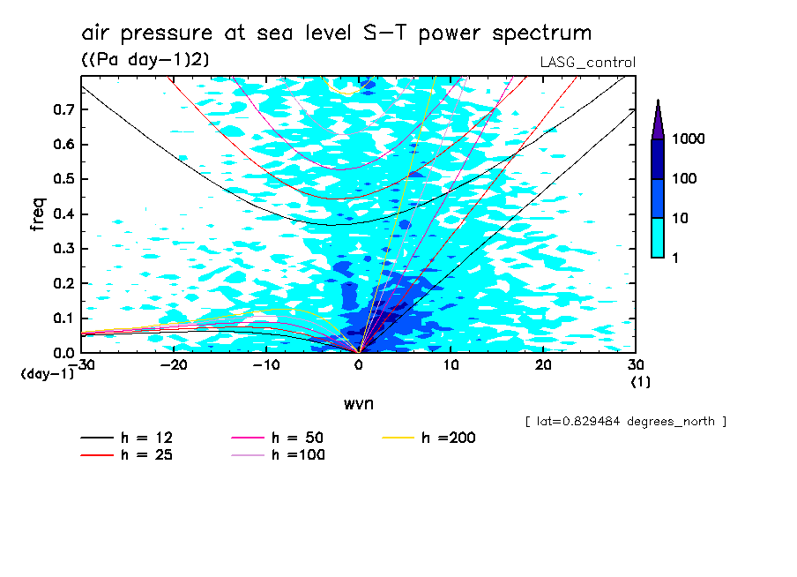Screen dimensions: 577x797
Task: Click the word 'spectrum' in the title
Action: [x=538, y=34]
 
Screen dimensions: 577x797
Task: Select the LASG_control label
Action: [x=587, y=62]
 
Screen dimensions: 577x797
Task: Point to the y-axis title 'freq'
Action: [x=38, y=214]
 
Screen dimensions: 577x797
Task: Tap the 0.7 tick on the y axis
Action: [x=63, y=109]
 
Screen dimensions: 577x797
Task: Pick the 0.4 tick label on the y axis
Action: [x=63, y=214]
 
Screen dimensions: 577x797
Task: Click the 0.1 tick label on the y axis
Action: [x=63, y=318]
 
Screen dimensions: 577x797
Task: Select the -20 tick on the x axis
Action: [x=174, y=364]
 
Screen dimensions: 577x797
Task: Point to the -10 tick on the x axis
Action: [x=266, y=364]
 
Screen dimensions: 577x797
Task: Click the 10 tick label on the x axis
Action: [x=451, y=364]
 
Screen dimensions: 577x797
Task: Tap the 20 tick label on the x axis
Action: [x=543, y=364]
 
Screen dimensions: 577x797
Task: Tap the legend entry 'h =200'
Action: [x=448, y=438]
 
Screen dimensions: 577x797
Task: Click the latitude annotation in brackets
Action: [x=625, y=421]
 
